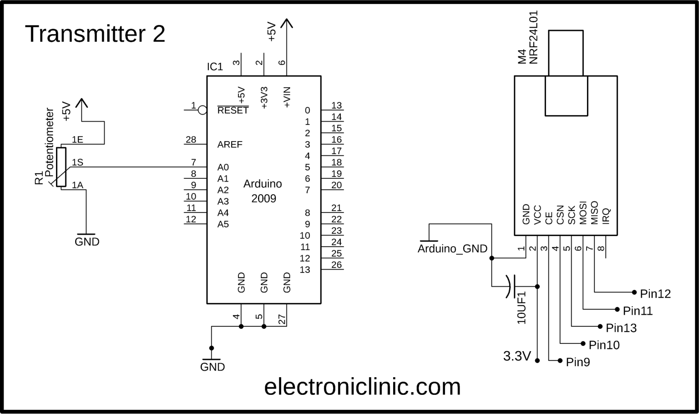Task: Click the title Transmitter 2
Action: pos(95,34)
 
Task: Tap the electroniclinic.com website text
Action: pos(362,387)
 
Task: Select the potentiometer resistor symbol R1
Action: pos(61,167)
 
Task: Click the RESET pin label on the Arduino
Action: pos(233,111)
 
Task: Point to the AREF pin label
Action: pos(230,145)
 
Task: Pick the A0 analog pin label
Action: pos(223,167)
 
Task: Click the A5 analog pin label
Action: pos(223,224)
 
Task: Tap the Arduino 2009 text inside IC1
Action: pos(263,191)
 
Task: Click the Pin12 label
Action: pos(655,294)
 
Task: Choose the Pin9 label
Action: pos(578,362)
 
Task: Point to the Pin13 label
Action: pos(621,328)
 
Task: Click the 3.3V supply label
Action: pos(517,356)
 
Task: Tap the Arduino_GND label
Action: pos(452,249)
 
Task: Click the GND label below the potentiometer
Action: pos(87,242)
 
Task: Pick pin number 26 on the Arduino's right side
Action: pos(336,265)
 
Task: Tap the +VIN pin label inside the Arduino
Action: pos(287,97)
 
